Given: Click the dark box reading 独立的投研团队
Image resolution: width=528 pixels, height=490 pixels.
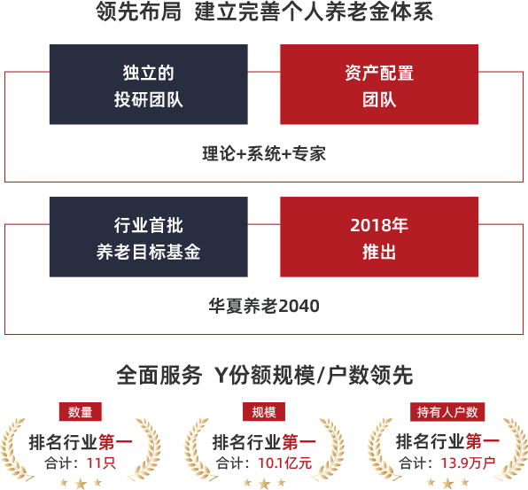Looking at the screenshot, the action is click(149, 84).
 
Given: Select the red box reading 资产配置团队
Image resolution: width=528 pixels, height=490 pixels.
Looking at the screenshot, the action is click(379, 84).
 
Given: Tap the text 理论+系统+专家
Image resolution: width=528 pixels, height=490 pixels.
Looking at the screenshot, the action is click(264, 153).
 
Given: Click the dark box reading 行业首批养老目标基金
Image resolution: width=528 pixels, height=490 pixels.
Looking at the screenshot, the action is click(149, 237).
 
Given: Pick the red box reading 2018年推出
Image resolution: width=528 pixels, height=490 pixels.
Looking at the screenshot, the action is click(379, 237).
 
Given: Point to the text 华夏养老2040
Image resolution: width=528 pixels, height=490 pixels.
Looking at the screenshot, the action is click(264, 306).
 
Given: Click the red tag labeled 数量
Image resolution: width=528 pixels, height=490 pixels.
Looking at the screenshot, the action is click(80, 411).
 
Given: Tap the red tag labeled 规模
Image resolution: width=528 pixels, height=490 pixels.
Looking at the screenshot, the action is click(264, 411).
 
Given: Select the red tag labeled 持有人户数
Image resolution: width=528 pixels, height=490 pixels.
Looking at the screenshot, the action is click(447, 411).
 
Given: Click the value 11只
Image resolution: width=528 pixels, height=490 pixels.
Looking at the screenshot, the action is click(101, 463).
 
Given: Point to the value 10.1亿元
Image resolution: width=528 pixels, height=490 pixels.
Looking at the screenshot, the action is click(285, 463).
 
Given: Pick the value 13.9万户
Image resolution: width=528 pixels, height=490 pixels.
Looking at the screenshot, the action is click(468, 463).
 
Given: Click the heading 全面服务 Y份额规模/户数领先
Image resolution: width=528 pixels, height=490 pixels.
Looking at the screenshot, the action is click(265, 375).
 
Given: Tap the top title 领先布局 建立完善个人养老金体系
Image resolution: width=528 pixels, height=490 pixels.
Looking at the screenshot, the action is click(264, 12).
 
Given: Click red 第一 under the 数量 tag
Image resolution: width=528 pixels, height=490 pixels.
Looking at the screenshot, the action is click(115, 442).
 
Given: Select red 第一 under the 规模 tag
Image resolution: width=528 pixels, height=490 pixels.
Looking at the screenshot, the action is click(299, 442).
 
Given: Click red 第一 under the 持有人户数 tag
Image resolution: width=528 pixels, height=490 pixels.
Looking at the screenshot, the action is click(482, 442).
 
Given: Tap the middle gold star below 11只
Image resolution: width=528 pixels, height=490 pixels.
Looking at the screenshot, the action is click(81, 484).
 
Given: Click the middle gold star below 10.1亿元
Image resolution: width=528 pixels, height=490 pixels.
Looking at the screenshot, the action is click(264, 484).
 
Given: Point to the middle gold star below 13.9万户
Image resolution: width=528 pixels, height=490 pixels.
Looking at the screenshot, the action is click(447, 484).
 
